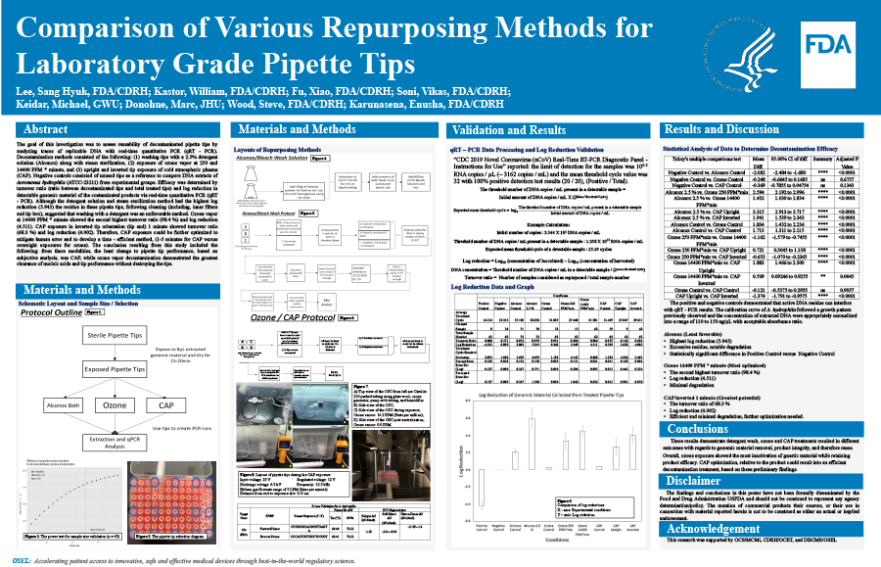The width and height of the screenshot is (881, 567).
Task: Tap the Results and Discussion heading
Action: [x=720, y=129]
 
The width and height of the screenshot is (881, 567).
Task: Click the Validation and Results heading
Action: [x=512, y=129]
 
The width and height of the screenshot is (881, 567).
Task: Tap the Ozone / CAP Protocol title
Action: [x=292, y=318]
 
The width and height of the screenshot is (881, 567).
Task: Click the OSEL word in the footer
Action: [x=22, y=560]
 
